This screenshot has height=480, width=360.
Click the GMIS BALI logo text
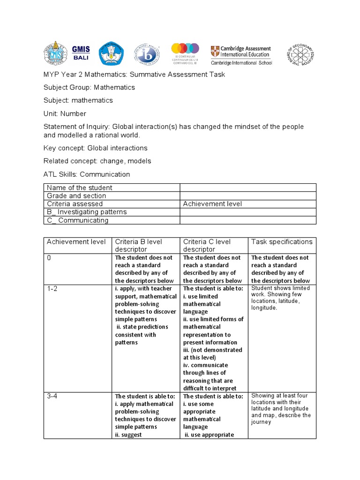tap(81, 54)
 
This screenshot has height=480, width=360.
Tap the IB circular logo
tap(147, 55)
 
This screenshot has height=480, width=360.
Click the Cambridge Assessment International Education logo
tap(240, 55)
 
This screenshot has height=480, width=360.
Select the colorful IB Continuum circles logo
tap(185, 54)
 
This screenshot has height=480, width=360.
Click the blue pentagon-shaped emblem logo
tap(113, 55)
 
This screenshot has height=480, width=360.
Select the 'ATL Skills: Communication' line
tap(87, 174)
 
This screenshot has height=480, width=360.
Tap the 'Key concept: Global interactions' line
tap(95, 148)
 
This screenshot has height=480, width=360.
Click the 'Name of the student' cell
tap(79, 187)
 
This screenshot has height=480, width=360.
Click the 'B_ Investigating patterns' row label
tap(87, 212)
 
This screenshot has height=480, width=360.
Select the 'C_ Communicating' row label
tap(77, 220)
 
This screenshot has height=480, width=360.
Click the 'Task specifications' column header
tap(281, 242)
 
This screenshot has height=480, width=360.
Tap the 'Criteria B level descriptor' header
tap(138, 245)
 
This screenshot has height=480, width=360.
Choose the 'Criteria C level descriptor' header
tap(207, 245)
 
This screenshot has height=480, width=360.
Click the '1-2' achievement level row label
tap(52, 289)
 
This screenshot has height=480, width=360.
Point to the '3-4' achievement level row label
tap(52, 396)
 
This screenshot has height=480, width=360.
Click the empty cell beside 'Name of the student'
tap(248, 187)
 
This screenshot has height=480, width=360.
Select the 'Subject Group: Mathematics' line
tap(89, 87)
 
